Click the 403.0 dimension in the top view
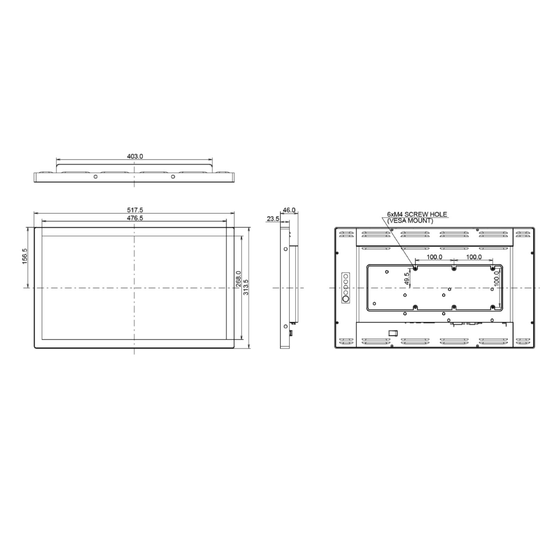pos(135,156)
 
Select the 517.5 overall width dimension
pos(135,210)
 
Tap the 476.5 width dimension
pos(135,218)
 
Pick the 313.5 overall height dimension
pos(246,287)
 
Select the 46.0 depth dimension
pos(289,210)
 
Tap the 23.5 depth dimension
pos(273,219)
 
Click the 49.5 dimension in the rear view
pos(407,279)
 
